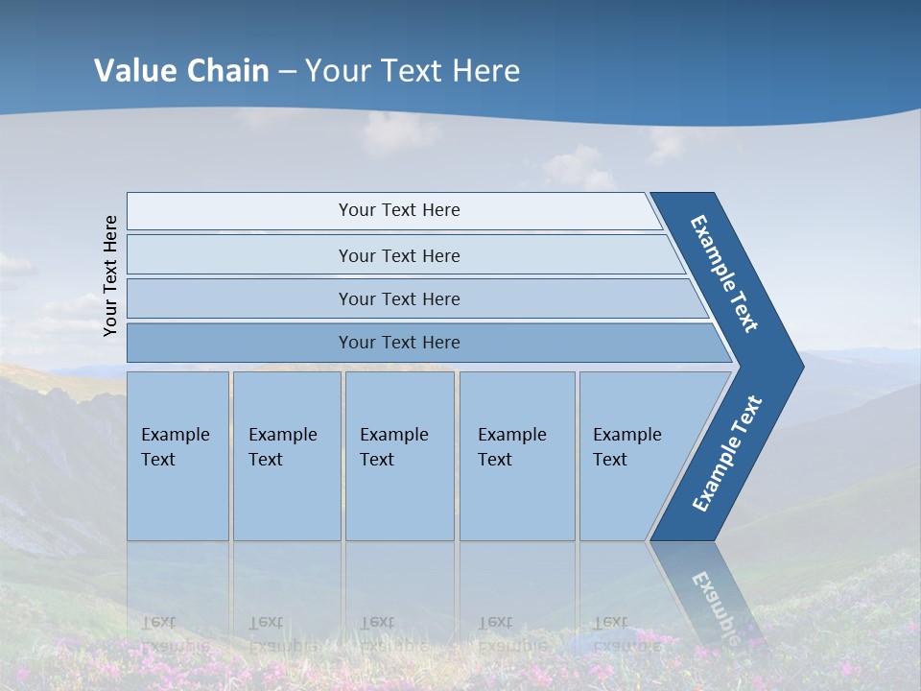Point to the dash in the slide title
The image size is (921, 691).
pos(287,72)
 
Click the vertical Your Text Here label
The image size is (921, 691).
pos(110,275)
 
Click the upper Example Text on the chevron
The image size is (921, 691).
pos(724,273)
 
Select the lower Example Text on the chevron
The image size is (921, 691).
pos(727,453)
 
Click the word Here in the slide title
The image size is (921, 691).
pos(485,71)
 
